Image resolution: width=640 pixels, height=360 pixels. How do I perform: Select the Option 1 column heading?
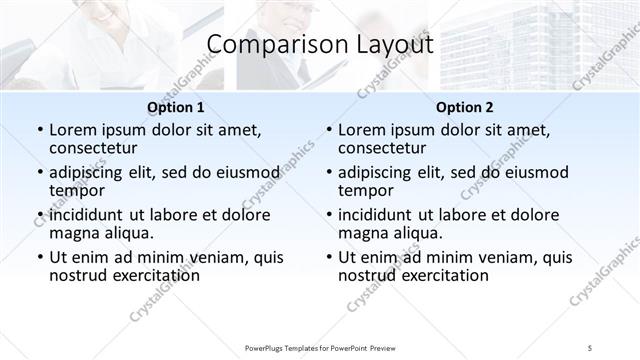click(176, 107)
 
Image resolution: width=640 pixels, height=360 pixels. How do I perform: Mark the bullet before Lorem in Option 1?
click(38, 130)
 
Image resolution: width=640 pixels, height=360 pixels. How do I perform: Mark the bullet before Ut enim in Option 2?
click(328, 257)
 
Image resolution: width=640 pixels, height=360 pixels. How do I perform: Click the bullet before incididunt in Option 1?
click(38, 214)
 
